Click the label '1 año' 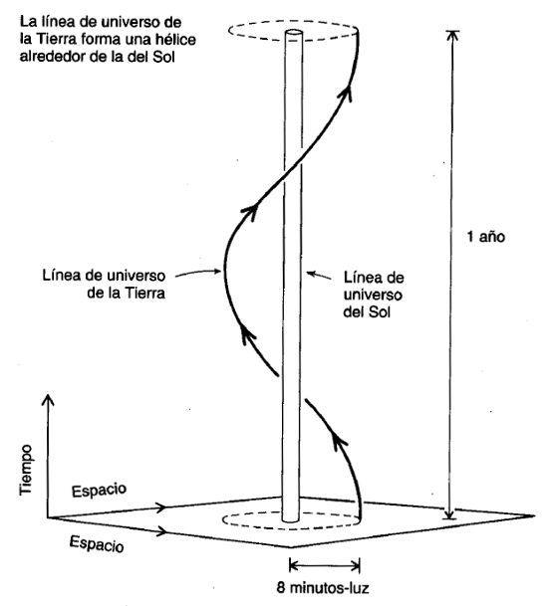485,237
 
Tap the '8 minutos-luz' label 323,588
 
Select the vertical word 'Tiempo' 26,470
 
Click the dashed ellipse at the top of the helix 293,22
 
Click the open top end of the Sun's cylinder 293,34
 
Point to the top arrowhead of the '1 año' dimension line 452,35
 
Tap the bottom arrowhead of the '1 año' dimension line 449,514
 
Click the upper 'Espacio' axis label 99,491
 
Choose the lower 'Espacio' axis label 97,544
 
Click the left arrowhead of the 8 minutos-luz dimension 294,566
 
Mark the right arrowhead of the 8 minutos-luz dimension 355,566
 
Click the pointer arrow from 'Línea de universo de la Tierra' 198,273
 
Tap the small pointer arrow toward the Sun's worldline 319,276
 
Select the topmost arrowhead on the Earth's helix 348,94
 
